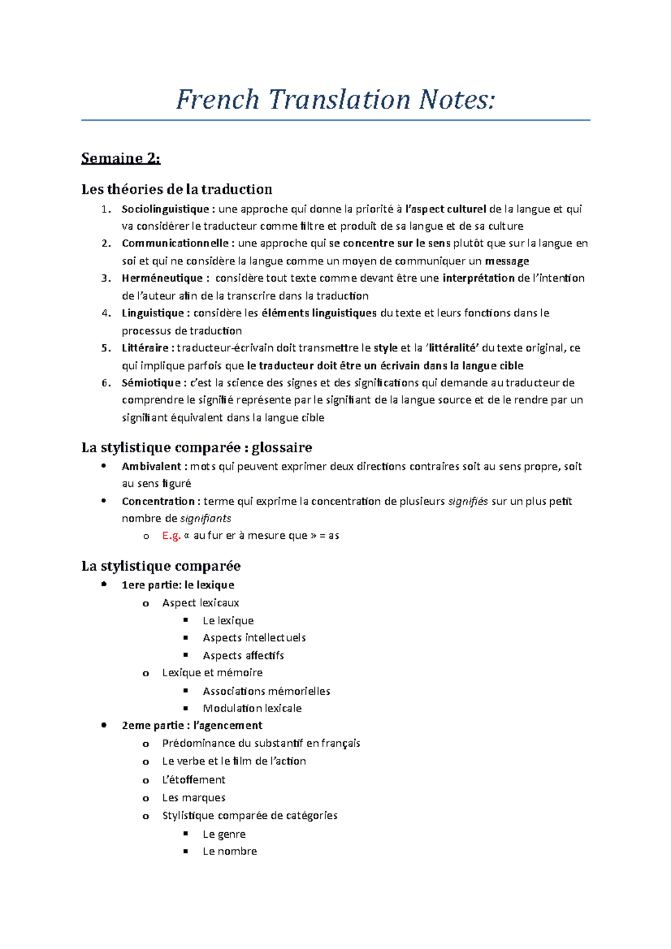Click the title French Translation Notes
click(335, 100)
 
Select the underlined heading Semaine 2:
click(121, 159)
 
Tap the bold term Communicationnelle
click(175, 243)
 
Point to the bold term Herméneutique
click(162, 278)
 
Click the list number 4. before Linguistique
click(106, 314)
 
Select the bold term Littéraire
click(145, 348)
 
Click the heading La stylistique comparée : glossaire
click(196, 448)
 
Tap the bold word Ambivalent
click(151, 466)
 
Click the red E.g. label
click(171, 535)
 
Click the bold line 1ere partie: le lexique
click(178, 585)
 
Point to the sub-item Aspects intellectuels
click(254, 638)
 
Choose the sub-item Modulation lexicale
click(252, 708)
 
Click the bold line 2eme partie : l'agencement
click(192, 725)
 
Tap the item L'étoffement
click(193, 780)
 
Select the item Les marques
click(193, 798)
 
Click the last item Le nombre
click(230, 851)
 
